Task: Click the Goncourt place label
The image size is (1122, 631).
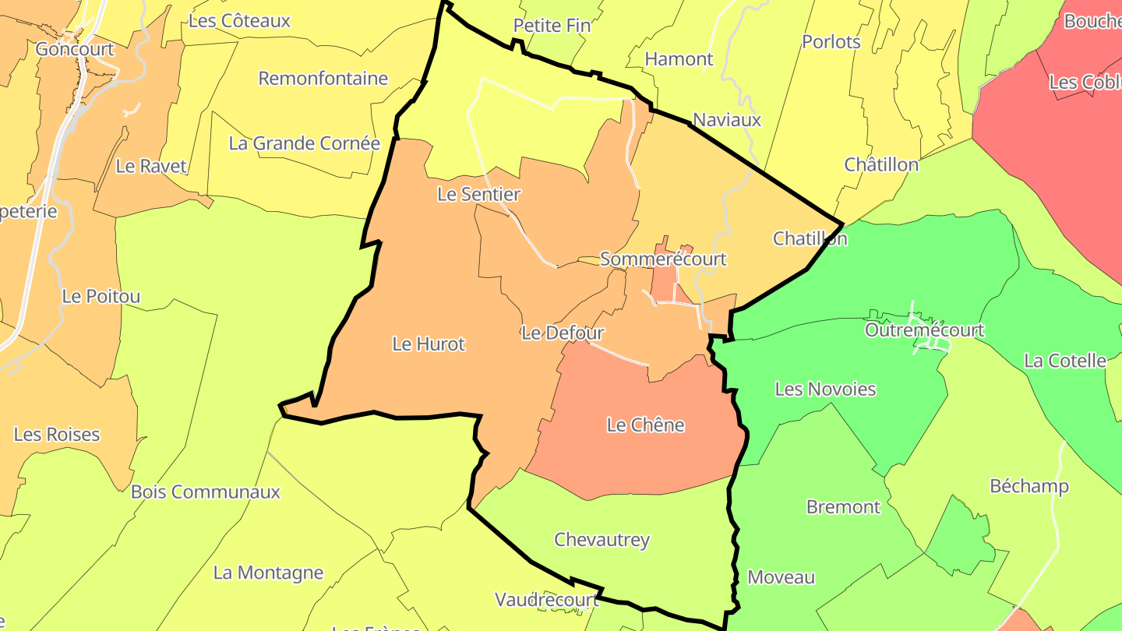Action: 75,49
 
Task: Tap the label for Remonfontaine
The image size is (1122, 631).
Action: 323,79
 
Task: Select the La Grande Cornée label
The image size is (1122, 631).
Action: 304,143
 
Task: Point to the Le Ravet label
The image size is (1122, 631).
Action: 151,166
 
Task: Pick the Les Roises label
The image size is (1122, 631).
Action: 57,435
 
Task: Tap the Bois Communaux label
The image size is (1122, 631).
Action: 205,492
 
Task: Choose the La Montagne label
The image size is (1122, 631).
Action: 268,573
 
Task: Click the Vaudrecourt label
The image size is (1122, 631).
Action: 546,600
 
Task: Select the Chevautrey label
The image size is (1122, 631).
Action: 602,540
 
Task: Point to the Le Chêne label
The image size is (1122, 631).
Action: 645,425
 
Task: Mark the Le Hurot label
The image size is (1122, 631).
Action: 428,344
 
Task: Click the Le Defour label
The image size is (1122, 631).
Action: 563,333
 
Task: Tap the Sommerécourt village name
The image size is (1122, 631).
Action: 662,259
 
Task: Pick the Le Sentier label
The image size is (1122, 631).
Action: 478,194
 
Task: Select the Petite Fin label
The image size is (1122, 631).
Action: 552,26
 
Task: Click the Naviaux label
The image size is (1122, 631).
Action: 726,120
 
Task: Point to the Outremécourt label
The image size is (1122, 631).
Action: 924,330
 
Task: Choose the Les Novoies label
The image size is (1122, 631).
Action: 825,390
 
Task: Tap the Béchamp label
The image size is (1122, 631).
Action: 1028,487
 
